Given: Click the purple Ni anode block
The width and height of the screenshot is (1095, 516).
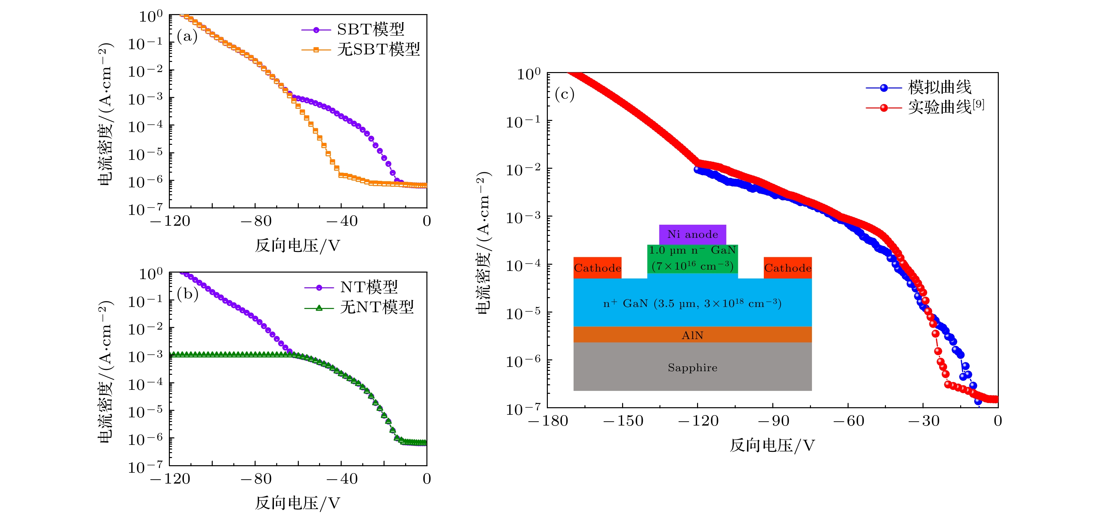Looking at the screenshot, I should click(692, 234).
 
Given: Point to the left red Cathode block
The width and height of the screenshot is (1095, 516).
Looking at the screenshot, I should click(597, 268).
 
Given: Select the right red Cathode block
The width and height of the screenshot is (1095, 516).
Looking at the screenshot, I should click(787, 268).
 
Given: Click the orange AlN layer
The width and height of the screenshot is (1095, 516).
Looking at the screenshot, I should click(692, 335).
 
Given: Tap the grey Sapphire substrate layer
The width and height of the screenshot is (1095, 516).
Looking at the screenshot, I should click(692, 367).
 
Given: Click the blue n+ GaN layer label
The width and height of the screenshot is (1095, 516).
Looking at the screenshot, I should click(692, 303).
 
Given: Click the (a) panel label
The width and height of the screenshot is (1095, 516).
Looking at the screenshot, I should click(187, 37).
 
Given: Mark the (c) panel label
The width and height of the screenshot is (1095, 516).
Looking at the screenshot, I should click(565, 94).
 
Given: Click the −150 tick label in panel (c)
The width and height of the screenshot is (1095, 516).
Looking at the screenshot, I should click(623, 421).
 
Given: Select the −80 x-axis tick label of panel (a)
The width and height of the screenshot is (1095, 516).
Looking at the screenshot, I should click(256, 221).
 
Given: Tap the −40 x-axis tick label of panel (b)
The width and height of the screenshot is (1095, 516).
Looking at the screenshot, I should click(341, 479).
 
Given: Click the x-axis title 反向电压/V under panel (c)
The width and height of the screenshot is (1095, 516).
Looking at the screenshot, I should click(772, 445).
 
